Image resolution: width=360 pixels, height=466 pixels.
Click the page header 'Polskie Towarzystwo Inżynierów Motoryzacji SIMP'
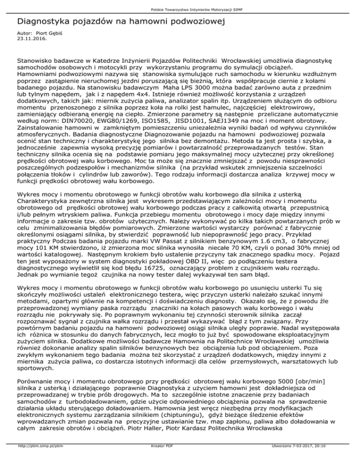click(x=180, y=9)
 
